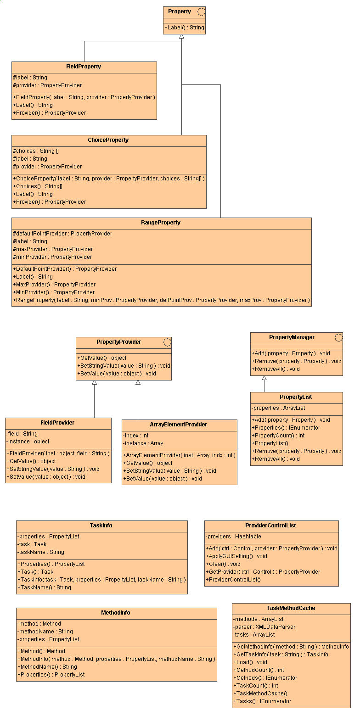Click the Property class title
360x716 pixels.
(179, 11)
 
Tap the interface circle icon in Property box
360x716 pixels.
(201, 11)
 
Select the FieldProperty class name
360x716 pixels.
(84, 67)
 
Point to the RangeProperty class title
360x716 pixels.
(161, 223)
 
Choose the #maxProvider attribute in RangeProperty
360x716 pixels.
(53, 249)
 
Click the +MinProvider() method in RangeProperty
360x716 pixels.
(54, 292)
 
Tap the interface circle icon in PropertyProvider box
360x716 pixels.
(167, 342)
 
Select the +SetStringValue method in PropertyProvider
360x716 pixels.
(124, 366)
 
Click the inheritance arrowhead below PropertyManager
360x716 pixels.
(264, 379)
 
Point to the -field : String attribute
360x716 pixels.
(22, 434)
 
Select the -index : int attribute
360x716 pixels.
(136, 436)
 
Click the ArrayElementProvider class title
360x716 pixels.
(179, 425)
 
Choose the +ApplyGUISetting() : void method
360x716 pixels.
(236, 556)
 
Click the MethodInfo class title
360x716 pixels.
(116, 613)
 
